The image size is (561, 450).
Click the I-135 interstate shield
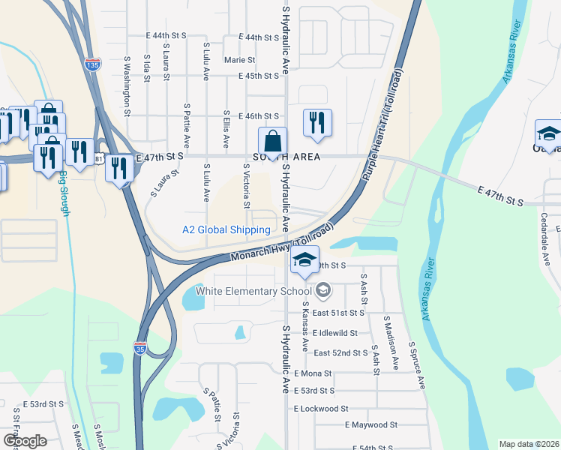(x=92, y=64)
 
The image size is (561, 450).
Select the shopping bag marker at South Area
(x=273, y=142)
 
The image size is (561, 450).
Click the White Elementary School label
(x=253, y=291)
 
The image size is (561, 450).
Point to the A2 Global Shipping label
(x=226, y=229)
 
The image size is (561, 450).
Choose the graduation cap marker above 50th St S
(x=304, y=260)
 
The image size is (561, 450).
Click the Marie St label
(x=240, y=60)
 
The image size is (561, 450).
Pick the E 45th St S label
(x=259, y=76)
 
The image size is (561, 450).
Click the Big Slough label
(x=64, y=194)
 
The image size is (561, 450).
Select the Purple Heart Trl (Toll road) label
(x=383, y=124)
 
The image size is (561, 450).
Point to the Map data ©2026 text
(x=528, y=443)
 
